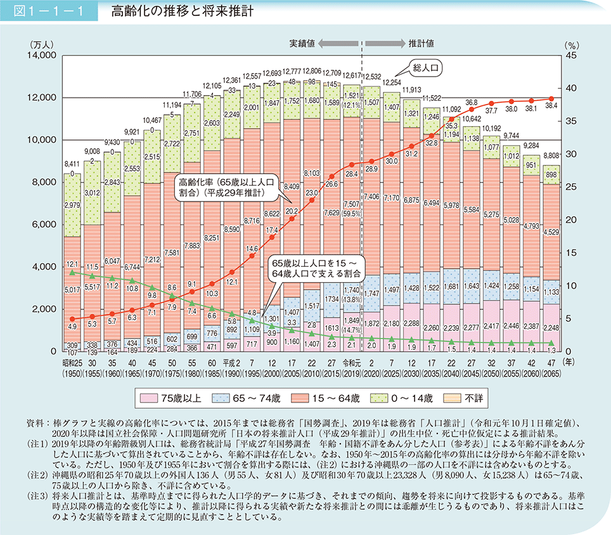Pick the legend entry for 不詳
click(x=468, y=398)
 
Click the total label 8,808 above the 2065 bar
click(x=551, y=155)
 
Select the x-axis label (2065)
click(x=551, y=372)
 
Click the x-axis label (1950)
click(x=72, y=372)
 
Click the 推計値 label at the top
click(x=421, y=43)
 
